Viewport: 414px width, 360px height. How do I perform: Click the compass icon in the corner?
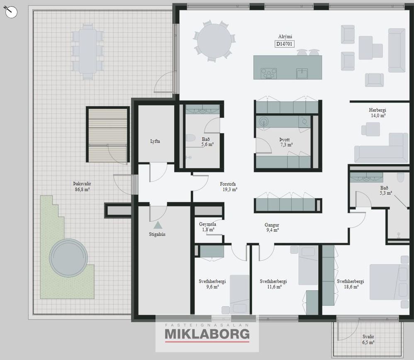point(10,12)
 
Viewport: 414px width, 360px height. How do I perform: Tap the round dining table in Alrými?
point(214,41)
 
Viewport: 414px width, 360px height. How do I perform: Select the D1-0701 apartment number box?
point(285,44)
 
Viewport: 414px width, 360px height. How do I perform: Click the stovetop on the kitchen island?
point(269,73)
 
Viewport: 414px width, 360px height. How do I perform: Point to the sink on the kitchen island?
point(302,73)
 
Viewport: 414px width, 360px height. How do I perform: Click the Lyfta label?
point(155,141)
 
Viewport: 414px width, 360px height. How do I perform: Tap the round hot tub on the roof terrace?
point(68,258)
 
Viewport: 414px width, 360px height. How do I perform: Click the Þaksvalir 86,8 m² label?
point(83,186)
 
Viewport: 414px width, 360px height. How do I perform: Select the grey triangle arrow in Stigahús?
point(158,225)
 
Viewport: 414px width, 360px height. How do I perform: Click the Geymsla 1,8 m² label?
point(207,227)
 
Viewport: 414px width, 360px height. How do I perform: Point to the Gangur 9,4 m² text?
point(272,227)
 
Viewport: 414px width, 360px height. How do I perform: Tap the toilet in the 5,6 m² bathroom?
point(190,138)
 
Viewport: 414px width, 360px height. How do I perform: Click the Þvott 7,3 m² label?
point(285,142)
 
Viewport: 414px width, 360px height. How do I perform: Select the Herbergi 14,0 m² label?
point(377,113)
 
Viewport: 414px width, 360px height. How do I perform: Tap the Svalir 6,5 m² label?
point(368,339)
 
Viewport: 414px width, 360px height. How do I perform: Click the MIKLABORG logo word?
point(207,334)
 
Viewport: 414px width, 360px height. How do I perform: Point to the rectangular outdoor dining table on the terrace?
point(88,51)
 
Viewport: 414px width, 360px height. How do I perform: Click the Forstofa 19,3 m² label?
point(229,186)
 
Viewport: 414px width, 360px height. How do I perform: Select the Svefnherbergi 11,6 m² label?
point(273,284)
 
